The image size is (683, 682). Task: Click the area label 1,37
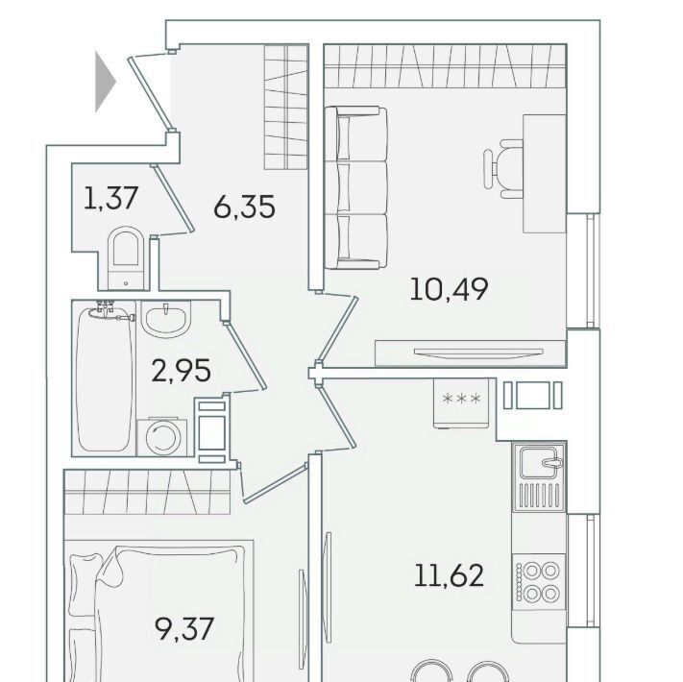tap(111, 198)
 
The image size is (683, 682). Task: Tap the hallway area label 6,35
tap(244, 207)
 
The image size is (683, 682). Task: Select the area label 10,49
tap(450, 289)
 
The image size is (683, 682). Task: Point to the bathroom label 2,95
tap(182, 371)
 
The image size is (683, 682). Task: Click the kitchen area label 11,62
tap(450, 574)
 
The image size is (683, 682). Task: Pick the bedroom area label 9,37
tap(184, 629)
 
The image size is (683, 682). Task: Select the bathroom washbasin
tap(166, 319)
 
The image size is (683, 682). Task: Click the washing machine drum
tap(163, 437)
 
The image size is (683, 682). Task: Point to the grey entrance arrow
tap(106, 82)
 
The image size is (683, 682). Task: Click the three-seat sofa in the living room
tap(356, 187)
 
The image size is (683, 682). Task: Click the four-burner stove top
tap(538, 582)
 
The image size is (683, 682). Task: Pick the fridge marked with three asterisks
tap(461, 403)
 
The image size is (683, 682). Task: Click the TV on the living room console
tap(478, 352)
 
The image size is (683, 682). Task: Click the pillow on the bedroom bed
tap(85, 584)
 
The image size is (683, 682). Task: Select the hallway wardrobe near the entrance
tap(286, 107)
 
